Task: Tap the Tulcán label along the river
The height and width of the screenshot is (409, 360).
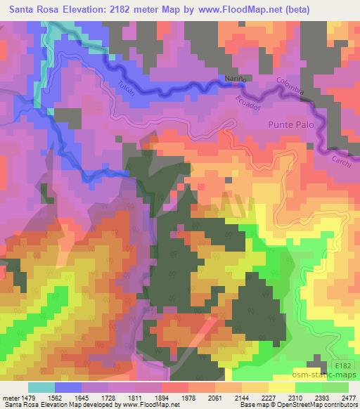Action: pyautogui.click(x=126, y=89)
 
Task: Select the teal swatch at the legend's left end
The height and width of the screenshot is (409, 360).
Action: pyautogui.click(x=41, y=387)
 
